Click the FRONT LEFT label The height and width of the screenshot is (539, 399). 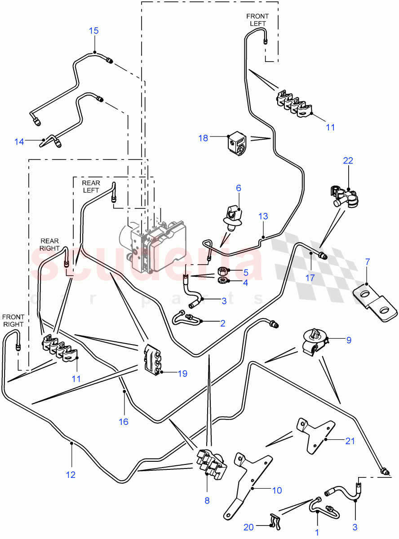click(x=257, y=20)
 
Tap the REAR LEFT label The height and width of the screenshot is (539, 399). click(x=90, y=186)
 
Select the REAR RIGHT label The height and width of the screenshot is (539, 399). click(x=49, y=244)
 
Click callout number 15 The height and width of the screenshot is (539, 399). click(x=93, y=31)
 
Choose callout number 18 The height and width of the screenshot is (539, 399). click(x=204, y=138)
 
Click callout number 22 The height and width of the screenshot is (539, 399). click(x=348, y=160)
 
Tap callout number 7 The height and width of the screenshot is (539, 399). click(x=367, y=261)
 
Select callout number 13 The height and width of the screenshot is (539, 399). click(x=263, y=216)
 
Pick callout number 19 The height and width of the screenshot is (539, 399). click(x=169, y=373)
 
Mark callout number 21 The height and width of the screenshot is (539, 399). click(x=350, y=441)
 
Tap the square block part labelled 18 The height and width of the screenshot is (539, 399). click(x=235, y=145)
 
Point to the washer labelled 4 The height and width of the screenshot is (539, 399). click(x=222, y=281)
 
